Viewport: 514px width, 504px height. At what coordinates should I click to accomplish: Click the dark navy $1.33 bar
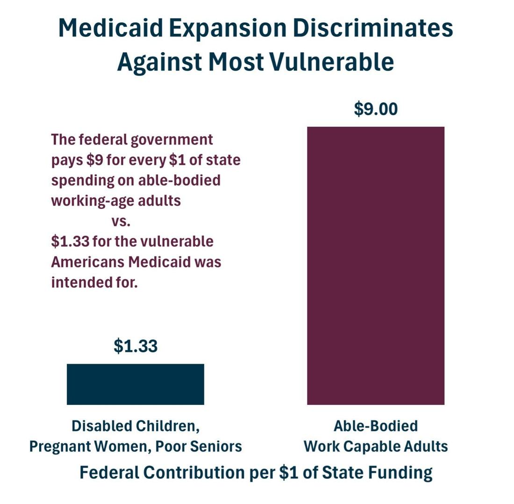(136, 384)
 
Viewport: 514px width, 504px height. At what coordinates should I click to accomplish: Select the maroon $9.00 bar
(376, 266)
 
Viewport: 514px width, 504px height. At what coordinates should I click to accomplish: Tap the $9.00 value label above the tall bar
(376, 109)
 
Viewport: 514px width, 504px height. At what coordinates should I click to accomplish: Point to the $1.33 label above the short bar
(136, 346)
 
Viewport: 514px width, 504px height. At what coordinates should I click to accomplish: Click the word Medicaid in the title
(110, 28)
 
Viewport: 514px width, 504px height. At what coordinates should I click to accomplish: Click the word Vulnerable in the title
(331, 62)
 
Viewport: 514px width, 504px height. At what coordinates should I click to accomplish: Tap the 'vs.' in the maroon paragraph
(121, 222)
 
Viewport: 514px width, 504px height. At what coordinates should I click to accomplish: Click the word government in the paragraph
(172, 140)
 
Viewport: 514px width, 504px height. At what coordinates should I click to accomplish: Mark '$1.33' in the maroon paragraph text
(70, 242)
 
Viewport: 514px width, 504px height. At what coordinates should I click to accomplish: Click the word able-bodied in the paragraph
(179, 180)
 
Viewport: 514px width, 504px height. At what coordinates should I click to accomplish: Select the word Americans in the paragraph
(88, 262)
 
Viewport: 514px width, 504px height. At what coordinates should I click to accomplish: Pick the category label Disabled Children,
(136, 426)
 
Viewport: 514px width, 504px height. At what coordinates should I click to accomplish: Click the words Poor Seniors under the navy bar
(198, 446)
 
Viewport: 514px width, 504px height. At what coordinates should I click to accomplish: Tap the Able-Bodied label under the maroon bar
(376, 426)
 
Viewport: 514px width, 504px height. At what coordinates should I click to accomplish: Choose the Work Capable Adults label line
(376, 446)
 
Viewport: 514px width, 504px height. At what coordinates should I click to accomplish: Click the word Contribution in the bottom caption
(194, 473)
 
